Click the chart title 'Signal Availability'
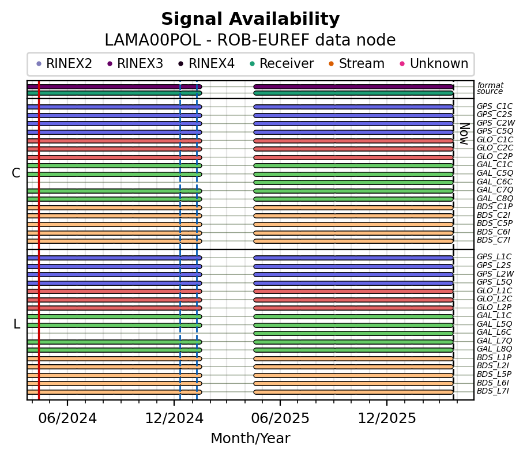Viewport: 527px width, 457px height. pyautogui.click(x=250, y=20)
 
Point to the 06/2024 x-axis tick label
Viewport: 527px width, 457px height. pyautogui.click(x=67, y=418)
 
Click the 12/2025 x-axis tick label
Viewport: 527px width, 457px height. pyautogui.click(x=387, y=418)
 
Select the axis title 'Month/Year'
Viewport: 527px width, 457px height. pyautogui.click(x=250, y=439)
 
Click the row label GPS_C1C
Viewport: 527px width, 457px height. pyautogui.click(x=495, y=107)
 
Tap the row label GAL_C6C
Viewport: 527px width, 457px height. pyautogui.click(x=495, y=182)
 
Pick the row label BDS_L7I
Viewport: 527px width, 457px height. pyautogui.click(x=493, y=391)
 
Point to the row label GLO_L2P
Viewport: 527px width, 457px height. pyautogui.click(x=495, y=308)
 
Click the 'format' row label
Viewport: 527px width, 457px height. pyautogui.click(x=490, y=86)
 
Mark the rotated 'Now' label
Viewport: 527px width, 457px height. pyautogui.click(x=463, y=133)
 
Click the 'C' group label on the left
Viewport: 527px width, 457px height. pyautogui.click(x=16, y=173)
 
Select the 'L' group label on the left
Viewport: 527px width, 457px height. pyautogui.click(x=17, y=324)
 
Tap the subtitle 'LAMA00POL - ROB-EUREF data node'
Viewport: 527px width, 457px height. pyautogui.click(x=250, y=41)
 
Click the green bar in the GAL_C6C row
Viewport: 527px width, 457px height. pyautogui.click(x=353, y=182)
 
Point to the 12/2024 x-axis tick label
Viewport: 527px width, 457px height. pyautogui.click(x=174, y=418)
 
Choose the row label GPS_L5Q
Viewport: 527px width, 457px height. pyautogui.click(x=495, y=282)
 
